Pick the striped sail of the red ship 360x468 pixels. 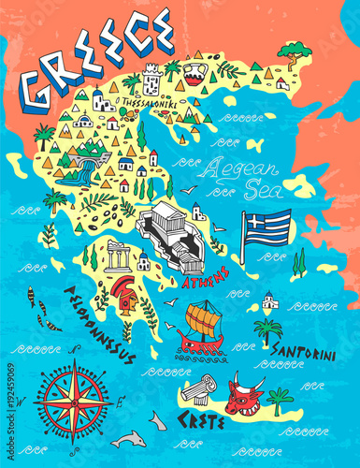tap(205, 317)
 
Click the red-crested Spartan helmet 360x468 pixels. tap(122, 292)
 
